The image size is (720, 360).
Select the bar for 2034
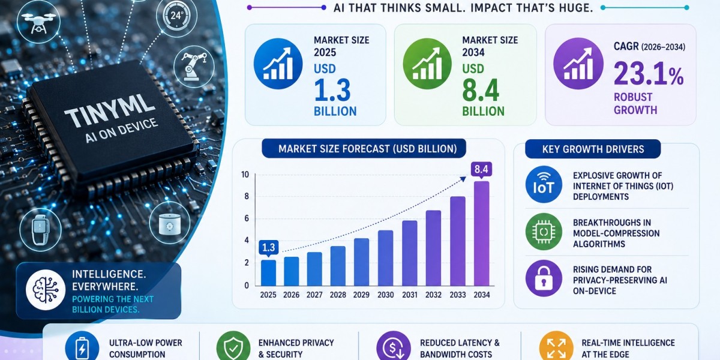[x=481, y=233]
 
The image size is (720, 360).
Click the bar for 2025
[x=268, y=273]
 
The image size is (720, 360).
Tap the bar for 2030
[x=385, y=258]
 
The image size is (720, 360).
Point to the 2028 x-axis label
[x=338, y=295]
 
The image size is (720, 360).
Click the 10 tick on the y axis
[x=245, y=175]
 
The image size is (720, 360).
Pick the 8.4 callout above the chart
[x=481, y=169]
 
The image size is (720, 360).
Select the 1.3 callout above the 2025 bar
[x=268, y=247]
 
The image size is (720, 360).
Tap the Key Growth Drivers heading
[x=593, y=149]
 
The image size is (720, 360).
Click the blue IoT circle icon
[x=544, y=185]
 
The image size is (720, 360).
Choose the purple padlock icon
[x=544, y=278]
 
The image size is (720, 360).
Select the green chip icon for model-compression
[x=544, y=232]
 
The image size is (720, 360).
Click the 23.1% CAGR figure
[x=649, y=74]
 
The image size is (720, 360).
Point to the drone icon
[x=38, y=21]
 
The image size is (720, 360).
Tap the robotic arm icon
[x=194, y=67]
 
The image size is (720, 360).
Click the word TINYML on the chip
[x=110, y=110]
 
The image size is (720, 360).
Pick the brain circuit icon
[x=46, y=290]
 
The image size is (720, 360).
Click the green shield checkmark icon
[x=233, y=347]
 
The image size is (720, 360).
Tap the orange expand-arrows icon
[x=556, y=348]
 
